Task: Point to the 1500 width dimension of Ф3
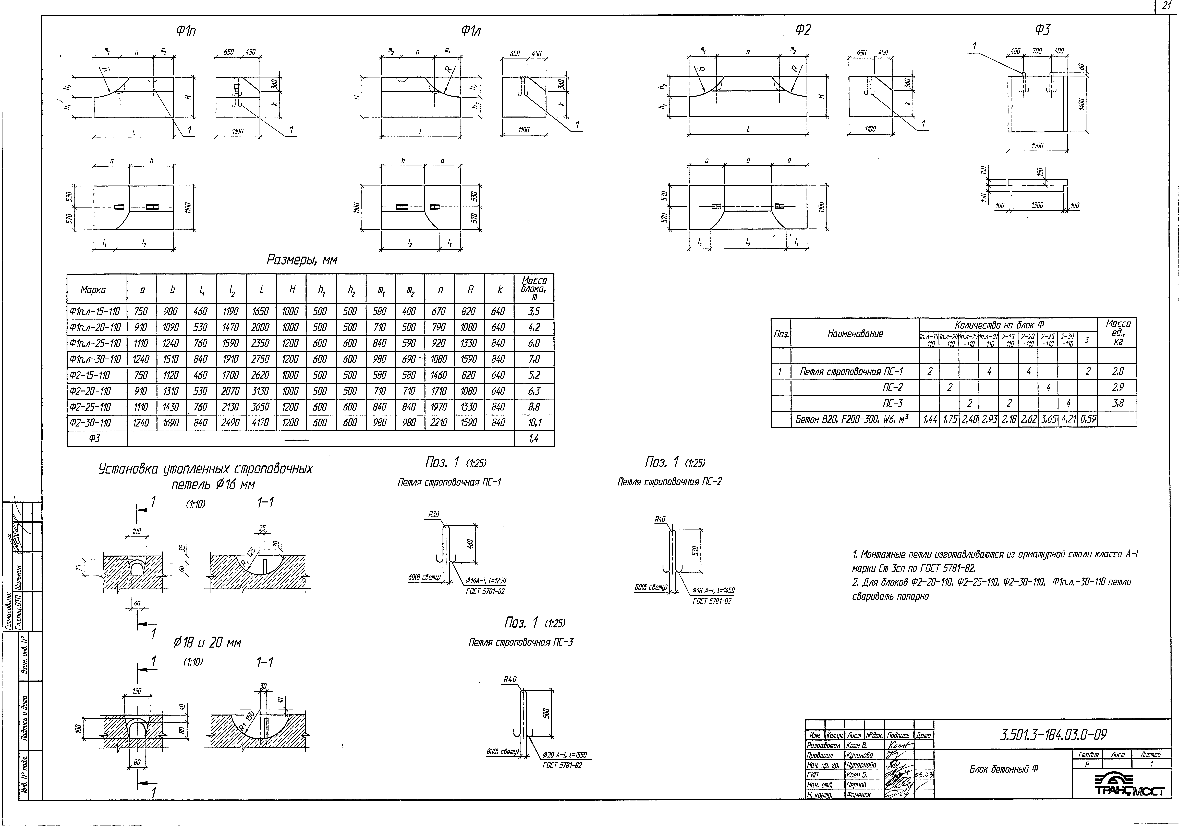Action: [1037, 146]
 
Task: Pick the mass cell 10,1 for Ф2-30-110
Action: [534, 423]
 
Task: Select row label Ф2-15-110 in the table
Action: [97, 375]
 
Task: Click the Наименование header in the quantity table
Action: [855, 333]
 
